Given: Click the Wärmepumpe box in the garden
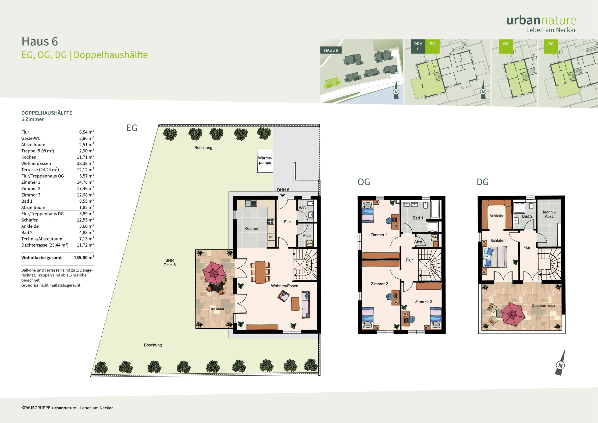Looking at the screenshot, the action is (265, 161).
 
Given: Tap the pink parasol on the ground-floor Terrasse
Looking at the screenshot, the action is (214, 273).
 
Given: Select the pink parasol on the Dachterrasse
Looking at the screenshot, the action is (512, 314).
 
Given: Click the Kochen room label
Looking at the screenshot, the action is (251, 228).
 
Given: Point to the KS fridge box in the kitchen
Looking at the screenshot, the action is (271, 237).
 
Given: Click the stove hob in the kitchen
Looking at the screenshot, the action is (271, 221).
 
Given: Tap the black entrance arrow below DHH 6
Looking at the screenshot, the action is (283, 195).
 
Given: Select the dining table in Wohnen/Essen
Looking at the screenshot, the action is (260, 272).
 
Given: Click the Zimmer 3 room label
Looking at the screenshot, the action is (424, 301).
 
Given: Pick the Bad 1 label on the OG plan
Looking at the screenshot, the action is (418, 218).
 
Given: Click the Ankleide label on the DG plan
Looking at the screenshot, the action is (497, 215).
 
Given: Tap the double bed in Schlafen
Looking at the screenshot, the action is (495, 257).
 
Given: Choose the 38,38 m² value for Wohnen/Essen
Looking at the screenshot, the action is (85, 163).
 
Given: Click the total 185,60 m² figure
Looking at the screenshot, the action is (84, 258).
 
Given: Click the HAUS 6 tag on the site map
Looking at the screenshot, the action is (331, 50).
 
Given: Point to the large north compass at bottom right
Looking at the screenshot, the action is (560, 362).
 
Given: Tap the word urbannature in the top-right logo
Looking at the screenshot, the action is (541, 20).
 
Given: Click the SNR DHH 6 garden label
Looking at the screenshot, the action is (170, 262).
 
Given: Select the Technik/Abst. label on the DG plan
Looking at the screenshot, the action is (549, 214).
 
